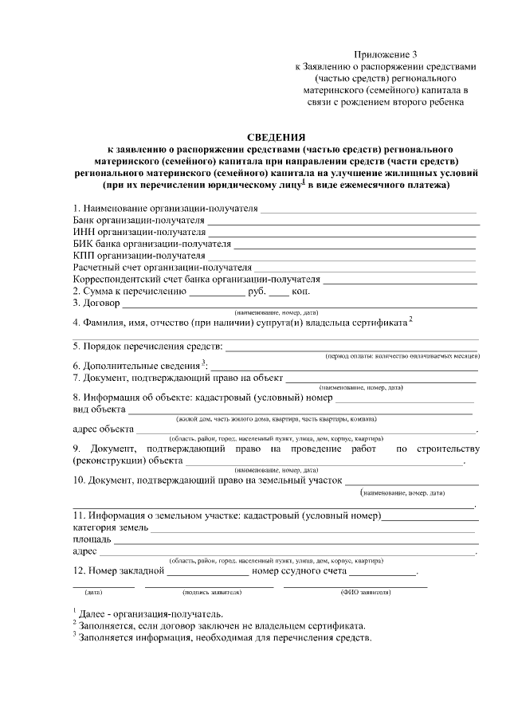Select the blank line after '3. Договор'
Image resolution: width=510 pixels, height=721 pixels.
click(x=300, y=305)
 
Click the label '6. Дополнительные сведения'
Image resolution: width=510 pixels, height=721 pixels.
click(x=136, y=365)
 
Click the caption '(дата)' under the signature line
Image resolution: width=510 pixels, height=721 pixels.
click(x=93, y=594)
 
